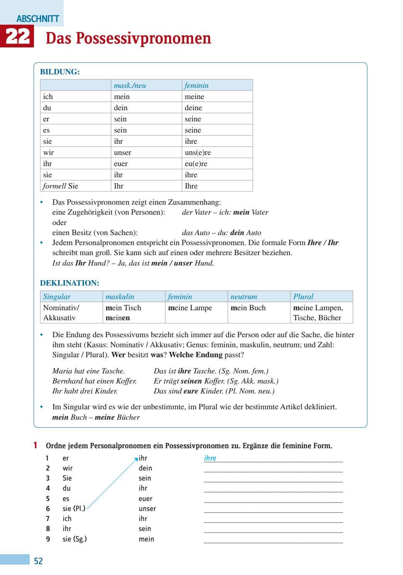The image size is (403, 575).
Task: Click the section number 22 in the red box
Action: point(17,37)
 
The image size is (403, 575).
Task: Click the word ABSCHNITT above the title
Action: point(38,18)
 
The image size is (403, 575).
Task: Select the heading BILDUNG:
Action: point(60,72)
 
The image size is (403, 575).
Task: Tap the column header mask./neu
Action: point(130,85)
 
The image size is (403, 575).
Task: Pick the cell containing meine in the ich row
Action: point(194,96)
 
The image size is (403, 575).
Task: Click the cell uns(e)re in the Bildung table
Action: point(198,152)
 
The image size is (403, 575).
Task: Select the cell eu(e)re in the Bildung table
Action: point(196,163)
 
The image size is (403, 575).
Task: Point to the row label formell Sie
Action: point(61,186)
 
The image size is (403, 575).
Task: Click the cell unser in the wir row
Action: point(122,152)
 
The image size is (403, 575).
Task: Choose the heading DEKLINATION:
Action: point(69,283)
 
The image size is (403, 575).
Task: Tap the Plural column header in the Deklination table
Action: point(303,296)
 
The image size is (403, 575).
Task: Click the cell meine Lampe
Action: point(190,308)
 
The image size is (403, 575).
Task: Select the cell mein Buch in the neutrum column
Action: point(248,308)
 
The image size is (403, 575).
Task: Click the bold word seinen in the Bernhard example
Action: point(191,381)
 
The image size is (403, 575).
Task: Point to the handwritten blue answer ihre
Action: point(210,458)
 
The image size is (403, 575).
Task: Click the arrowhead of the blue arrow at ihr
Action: point(136,459)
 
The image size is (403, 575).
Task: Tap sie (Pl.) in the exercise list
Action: point(74,508)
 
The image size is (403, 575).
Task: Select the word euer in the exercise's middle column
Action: point(146,498)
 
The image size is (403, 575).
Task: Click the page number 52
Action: point(38,561)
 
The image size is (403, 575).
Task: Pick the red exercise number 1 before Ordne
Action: point(36,446)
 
